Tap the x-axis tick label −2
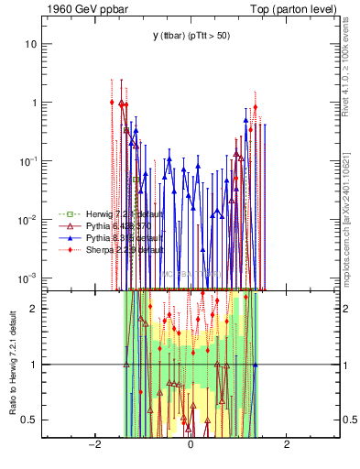[x=93, y=445]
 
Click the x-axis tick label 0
[x=191, y=445]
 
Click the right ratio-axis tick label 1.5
[x=351, y=336]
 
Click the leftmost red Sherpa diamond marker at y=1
[x=112, y=103]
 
